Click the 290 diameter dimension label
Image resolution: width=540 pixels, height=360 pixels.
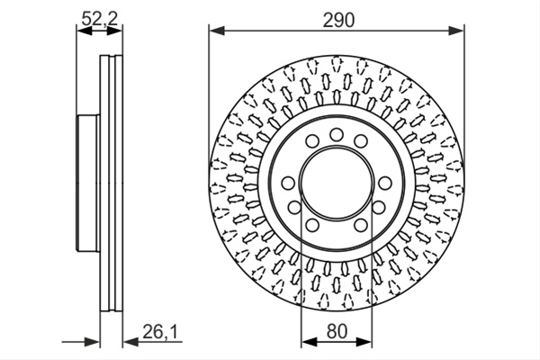coord(338,21)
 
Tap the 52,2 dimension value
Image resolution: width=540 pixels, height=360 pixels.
coord(100,18)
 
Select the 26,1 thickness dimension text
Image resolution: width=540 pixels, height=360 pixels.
coord(159,332)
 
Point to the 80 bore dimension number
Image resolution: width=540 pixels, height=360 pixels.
coord(337,331)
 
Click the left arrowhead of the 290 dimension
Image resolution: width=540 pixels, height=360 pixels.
coord(217,31)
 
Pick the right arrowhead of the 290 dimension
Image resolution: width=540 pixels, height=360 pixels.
coord(456,31)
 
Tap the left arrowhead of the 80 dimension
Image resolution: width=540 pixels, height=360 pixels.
coord(309,342)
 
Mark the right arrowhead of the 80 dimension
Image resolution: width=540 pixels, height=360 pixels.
coord(364,342)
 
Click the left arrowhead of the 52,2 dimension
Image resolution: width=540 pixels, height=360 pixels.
coord(85,31)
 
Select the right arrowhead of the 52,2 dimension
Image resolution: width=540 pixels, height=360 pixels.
coord(114,31)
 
